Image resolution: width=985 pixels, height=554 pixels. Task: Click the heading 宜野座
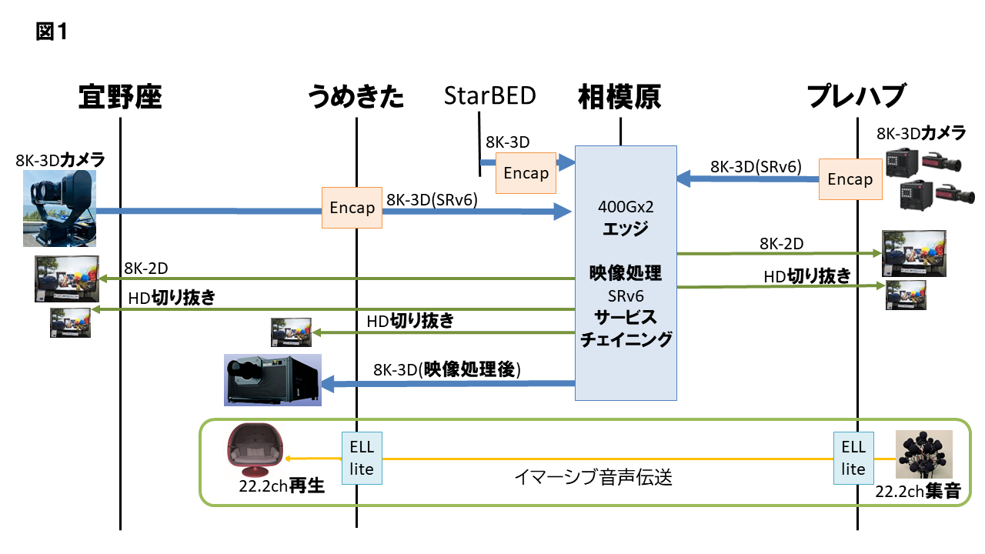pos(121,98)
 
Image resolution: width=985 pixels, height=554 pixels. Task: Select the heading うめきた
pos(356,98)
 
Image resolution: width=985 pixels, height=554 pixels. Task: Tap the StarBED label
pos(490,96)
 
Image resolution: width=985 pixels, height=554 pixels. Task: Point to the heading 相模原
pos(619,98)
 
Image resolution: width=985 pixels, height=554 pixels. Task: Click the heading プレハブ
pos(856,98)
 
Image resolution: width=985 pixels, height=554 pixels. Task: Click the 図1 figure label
pos(52,32)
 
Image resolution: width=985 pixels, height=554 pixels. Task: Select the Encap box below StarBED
pos(526,172)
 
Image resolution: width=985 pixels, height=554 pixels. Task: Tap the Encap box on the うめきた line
pos(352,208)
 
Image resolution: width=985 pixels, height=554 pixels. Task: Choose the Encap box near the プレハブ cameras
pos(850,179)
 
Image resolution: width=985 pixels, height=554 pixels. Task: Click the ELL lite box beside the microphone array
pos(853,458)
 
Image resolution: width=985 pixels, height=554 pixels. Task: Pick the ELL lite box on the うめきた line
pos(362,458)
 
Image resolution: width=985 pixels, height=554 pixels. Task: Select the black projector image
pos(272,379)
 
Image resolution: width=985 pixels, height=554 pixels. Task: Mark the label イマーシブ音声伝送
pos(593,478)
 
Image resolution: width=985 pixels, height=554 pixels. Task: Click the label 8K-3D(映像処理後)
pos(447,369)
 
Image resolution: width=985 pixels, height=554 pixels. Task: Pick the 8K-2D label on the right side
pos(781,244)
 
